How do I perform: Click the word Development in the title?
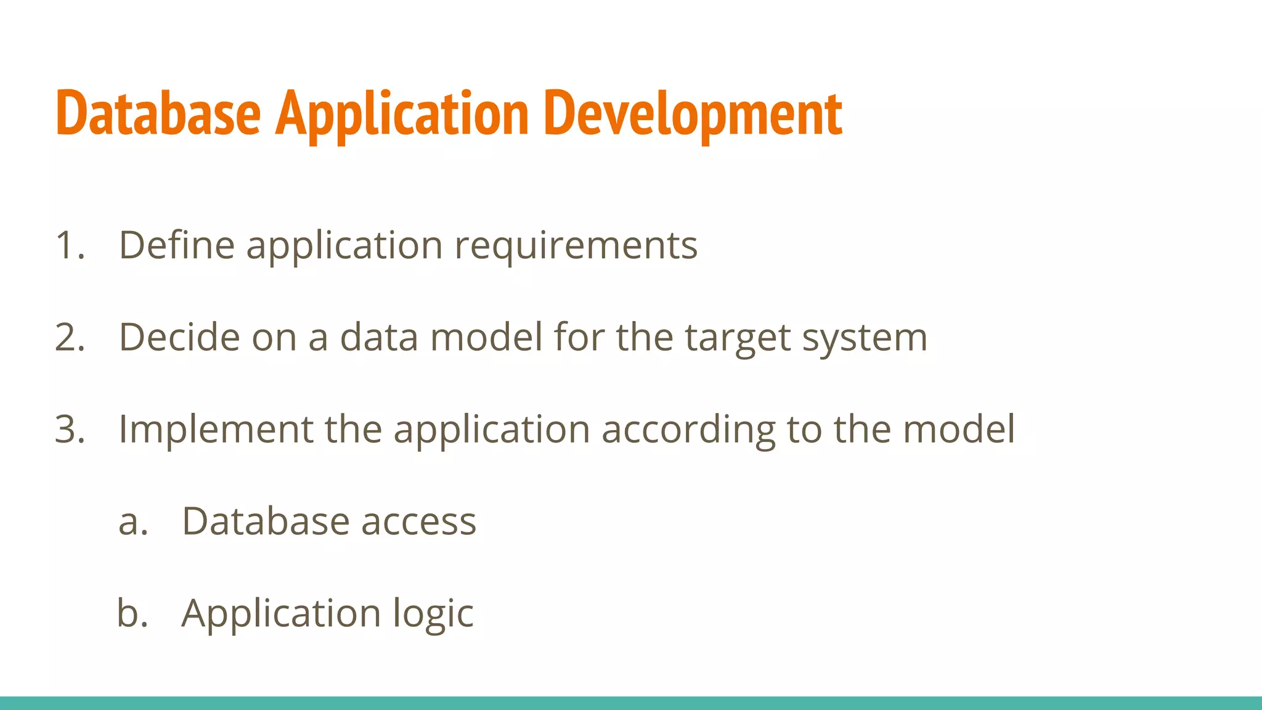click(693, 113)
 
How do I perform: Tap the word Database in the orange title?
click(158, 113)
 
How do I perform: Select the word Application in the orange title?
click(402, 113)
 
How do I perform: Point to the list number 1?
click(69, 245)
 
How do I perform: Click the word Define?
click(176, 245)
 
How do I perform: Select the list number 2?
click(70, 337)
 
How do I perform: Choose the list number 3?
click(70, 429)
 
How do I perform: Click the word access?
click(418, 521)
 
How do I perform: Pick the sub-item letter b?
click(132, 613)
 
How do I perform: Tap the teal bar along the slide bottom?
click(631, 703)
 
